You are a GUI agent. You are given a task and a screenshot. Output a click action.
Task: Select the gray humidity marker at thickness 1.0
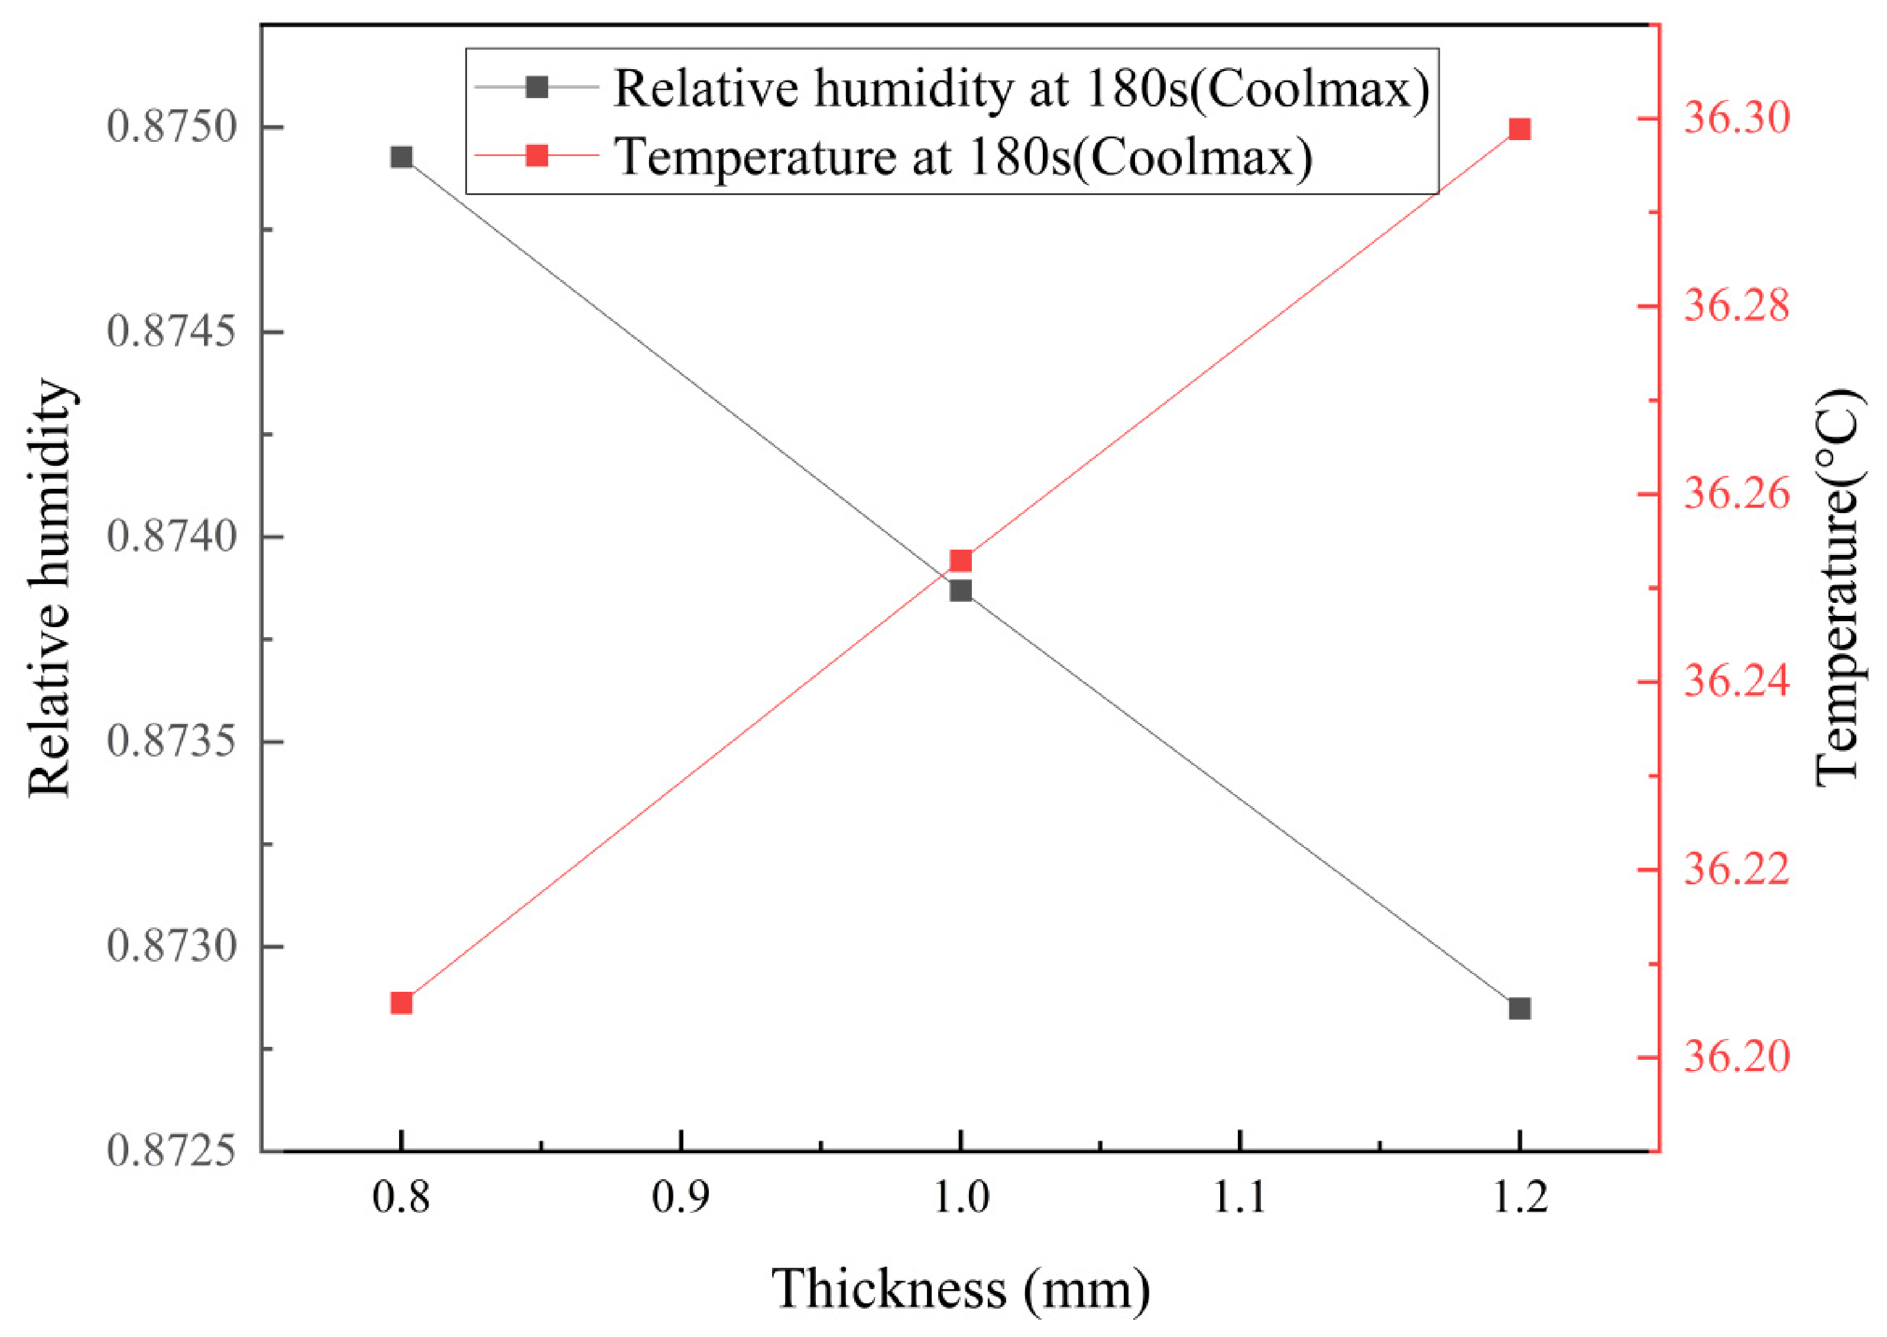pyautogui.click(x=961, y=590)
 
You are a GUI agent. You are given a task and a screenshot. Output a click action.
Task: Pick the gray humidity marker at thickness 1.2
pyautogui.click(x=1520, y=1008)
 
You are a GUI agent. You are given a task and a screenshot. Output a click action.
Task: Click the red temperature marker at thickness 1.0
pyautogui.click(x=961, y=562)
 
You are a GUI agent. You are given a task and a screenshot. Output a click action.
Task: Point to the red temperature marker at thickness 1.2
pyautogui.click(x=1520, y=129)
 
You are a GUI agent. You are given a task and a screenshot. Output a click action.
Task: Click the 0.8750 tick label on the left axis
pyautogui.click(x=171, y=128)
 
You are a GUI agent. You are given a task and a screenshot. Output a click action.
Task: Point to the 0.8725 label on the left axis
pyautogui.click(x=171, y=1150)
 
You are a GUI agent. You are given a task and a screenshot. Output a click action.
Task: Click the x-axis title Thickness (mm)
pyautogui.click(x=961, y=1289)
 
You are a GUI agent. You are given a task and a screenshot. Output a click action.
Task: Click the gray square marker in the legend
pyautogui.click(x=537, y=86)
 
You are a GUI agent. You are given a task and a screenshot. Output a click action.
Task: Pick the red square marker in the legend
pyautogui.click(x=537, y=155)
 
